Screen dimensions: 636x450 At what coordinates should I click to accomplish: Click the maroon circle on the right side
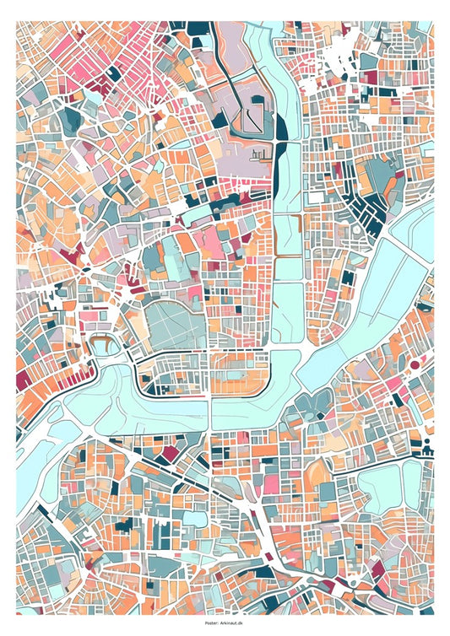[415, 364]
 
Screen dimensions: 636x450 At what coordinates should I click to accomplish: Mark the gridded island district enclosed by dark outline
[203, 374]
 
